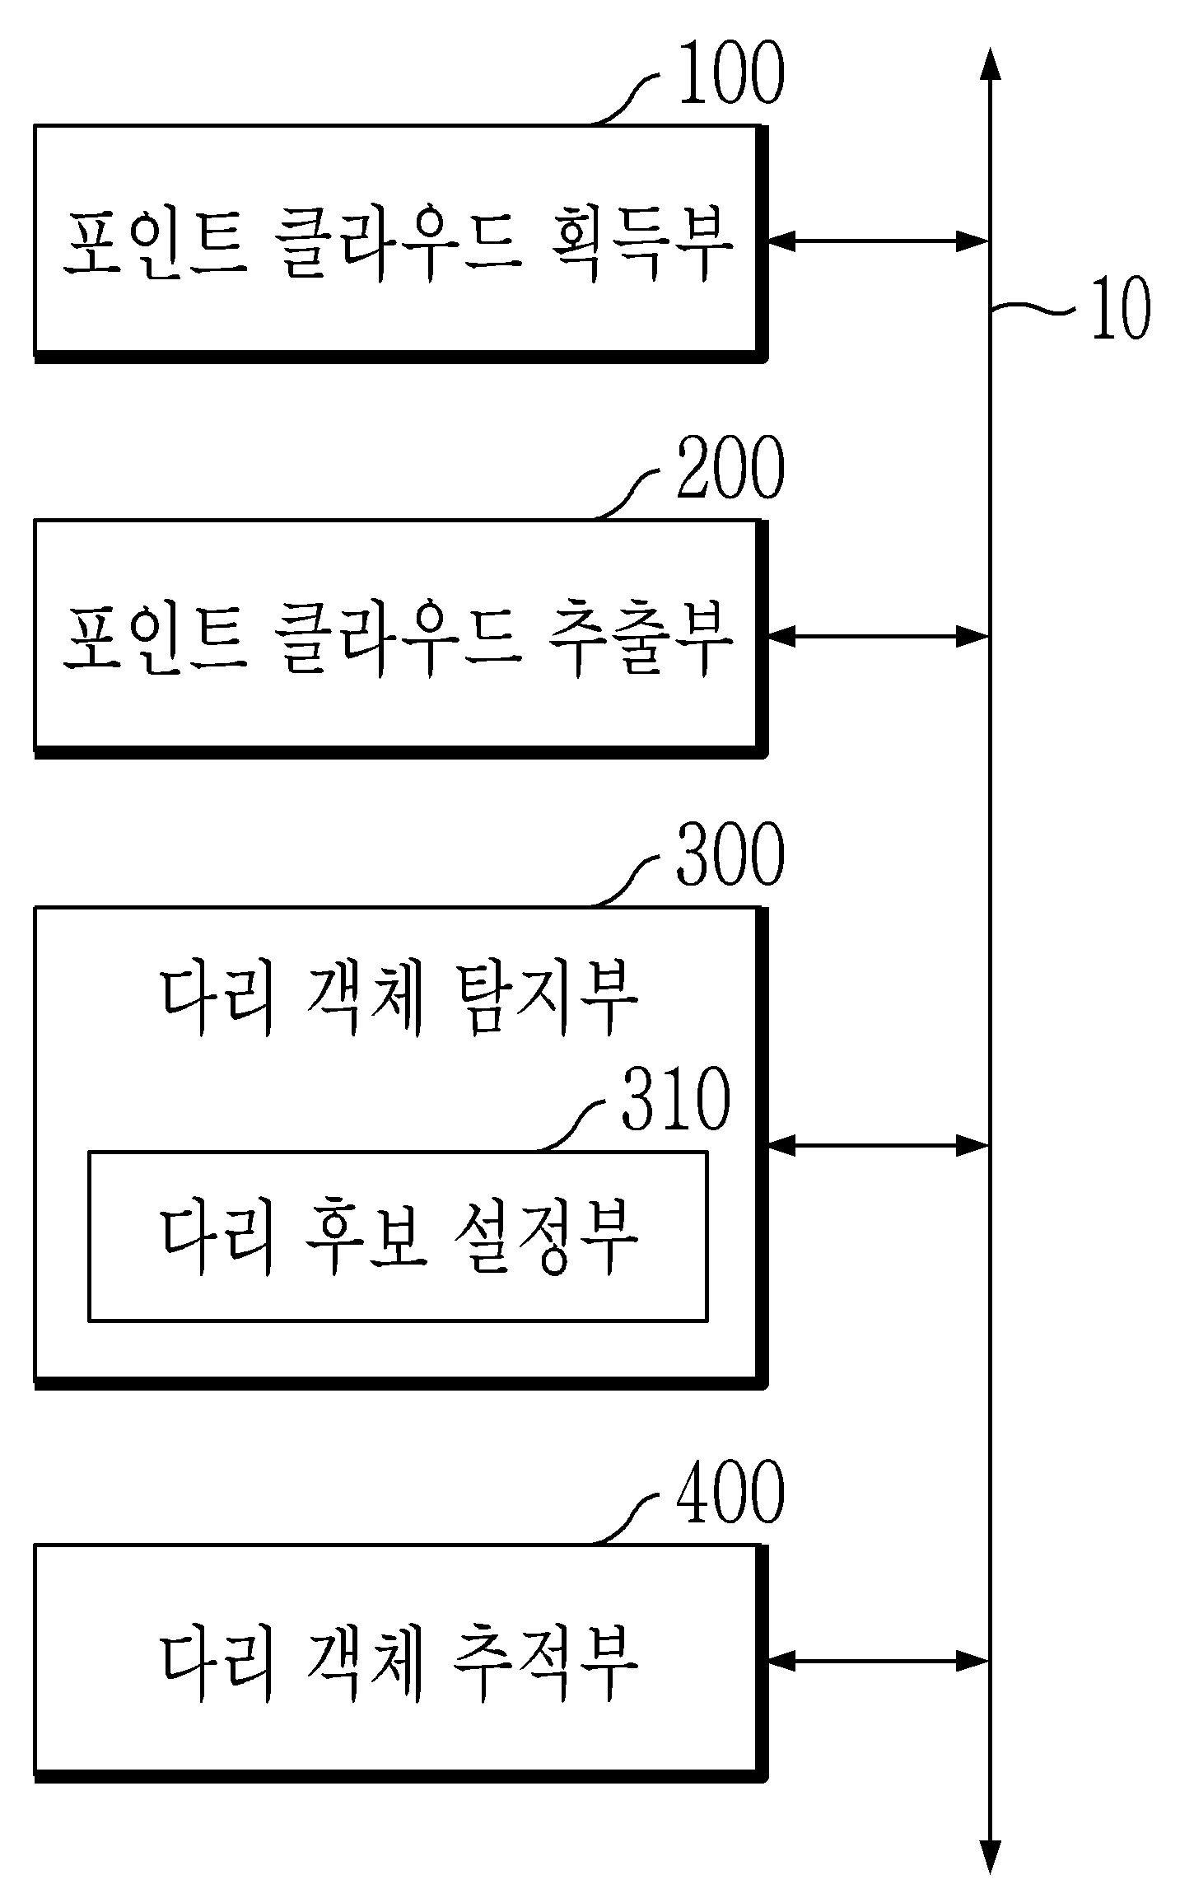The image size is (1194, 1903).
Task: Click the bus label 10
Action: click(x=1120, y=309)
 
